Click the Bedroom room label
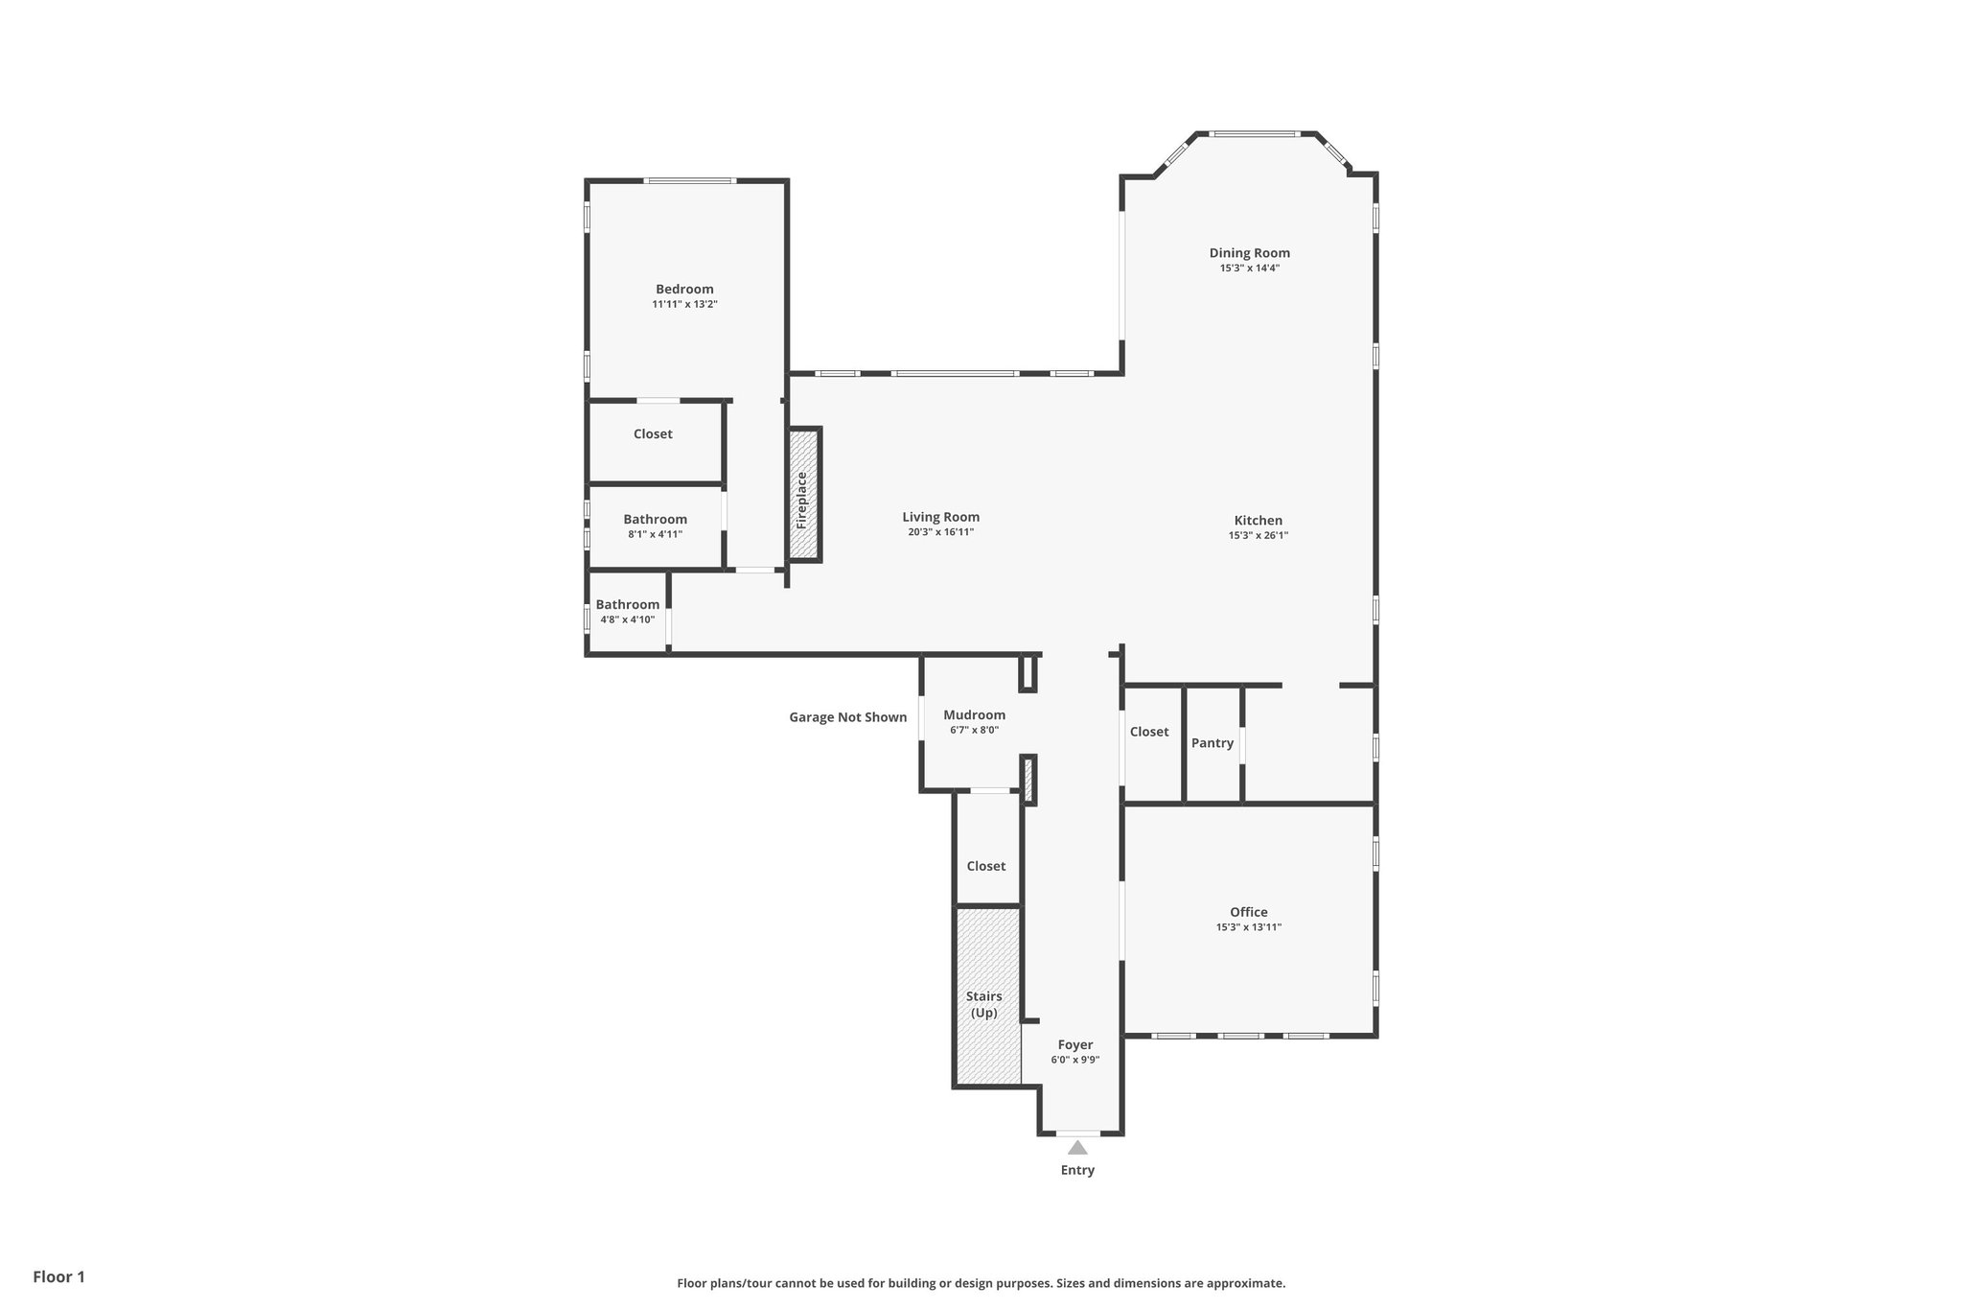pos(684,289)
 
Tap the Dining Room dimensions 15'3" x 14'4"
pos(1249,269)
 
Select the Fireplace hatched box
pos(804,495)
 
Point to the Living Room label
pos(940,517)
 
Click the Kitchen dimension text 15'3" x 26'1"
pos(1258,536)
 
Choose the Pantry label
pos(1212,743)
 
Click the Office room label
pos(1248,912)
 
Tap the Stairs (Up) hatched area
pos(986,997)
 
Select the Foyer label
pos(1074,1044)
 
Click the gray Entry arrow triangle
pos(1077,1148)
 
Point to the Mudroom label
pos(974,714)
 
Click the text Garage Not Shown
pos(847,717)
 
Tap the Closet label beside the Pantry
pos(1148,732)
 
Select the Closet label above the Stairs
pos(985,866)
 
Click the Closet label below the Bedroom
pos(653,434)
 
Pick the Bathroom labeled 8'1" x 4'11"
pos(655,520)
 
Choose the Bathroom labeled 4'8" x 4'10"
pos(627,605)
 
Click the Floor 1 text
pos(58,1276)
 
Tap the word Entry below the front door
pos(1076,1170)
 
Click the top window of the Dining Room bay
pos(1254,134)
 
